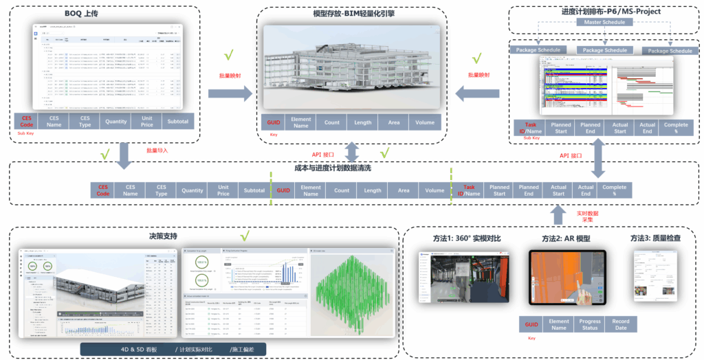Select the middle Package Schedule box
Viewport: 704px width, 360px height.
click(x=604, y=50)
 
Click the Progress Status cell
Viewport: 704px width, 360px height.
click(x=590, y=324)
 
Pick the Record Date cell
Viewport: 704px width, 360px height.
click(x=621, y=324)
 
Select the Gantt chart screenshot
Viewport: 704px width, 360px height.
click(x=604, y=87)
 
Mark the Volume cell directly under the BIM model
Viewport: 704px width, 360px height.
click(x=426, y=122)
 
